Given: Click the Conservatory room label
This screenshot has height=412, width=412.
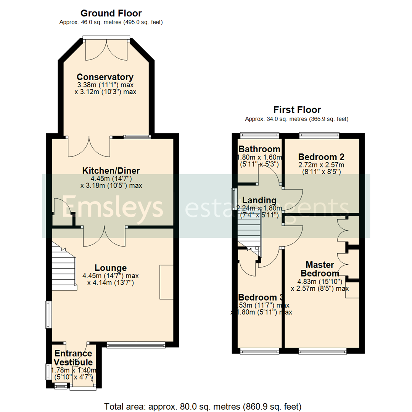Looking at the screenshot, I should click(105, 77).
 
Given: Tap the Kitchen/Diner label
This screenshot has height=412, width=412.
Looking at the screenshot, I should click(111, 170).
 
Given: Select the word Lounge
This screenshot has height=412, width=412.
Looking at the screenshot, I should click(111, 268).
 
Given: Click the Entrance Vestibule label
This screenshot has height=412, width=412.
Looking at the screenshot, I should click(73, 358).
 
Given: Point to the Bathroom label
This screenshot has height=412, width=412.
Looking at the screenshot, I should click(259, 149).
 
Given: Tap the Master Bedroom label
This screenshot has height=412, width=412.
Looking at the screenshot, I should click(320, 269).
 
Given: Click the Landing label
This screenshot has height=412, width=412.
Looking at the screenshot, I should click(259, 200).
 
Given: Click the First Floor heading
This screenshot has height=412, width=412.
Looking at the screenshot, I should click(296, 110).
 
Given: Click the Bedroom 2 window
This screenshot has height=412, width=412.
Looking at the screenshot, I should click(319, 134).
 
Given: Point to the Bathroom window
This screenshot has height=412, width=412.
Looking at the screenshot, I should click(259, 134).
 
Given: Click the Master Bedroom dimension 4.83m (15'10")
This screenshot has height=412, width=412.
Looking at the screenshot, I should click(320, 282).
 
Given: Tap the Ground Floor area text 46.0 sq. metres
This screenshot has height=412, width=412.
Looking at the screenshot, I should click(111, 23).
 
